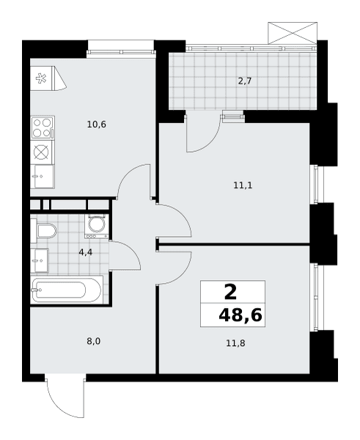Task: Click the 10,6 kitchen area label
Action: click(97, 124)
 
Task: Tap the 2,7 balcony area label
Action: click(245, 81)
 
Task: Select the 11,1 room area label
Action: click(243, 186)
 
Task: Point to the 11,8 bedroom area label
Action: click(235, 343)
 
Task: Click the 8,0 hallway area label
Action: click(93, 342)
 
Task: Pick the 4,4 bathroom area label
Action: click(86, 252)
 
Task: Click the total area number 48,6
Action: click(240, 315)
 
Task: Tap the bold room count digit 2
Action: click(231, 292)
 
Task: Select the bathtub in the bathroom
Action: click(67, 290)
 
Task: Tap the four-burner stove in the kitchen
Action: click(43, 128)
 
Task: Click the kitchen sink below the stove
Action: click(42, 177)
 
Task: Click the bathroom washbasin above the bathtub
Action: click(40, 260)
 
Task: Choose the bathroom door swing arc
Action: click(132, 250)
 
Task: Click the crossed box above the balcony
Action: click(293, 33)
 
